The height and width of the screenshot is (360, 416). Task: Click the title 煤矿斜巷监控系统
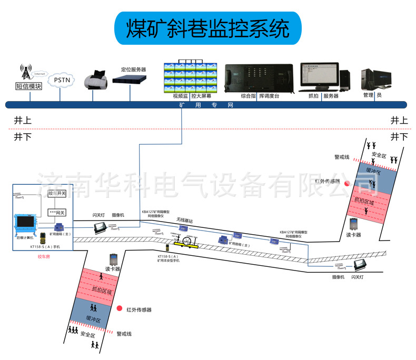pos(207,28)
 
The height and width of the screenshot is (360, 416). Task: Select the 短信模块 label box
pos(28,86)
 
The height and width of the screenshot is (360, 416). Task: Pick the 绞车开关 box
pos(57,194)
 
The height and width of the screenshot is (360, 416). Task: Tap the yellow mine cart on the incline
pos(187,243)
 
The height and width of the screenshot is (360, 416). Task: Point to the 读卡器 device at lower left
pos(113,260)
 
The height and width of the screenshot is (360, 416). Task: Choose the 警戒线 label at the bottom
pos(124,334)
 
